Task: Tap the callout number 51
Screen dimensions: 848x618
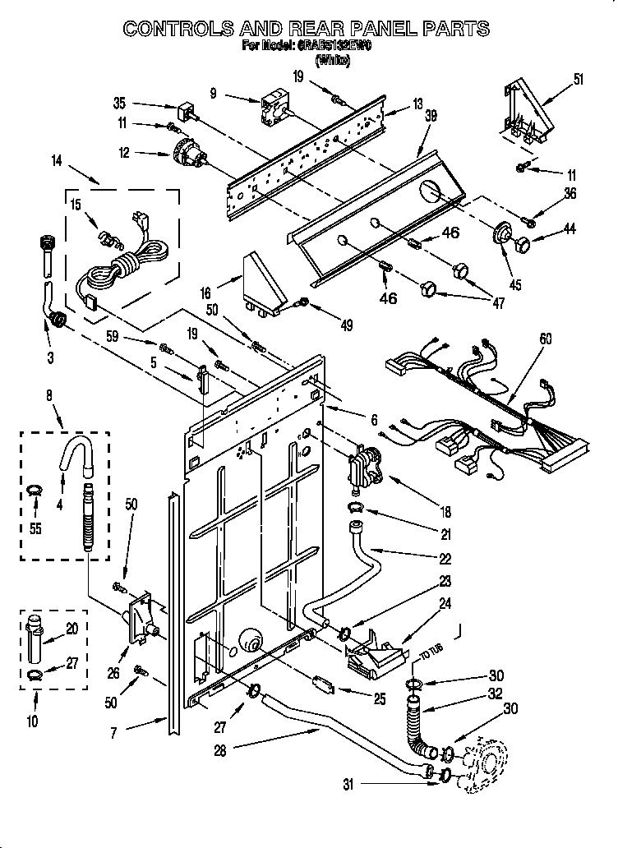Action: tap(579, 80)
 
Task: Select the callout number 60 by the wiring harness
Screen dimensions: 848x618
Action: tap(546, 339)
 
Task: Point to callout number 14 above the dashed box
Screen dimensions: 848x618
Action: tap(56, 162)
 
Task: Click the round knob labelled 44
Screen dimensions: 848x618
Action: tap(520, 242)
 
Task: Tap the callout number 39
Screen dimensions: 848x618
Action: tap(430, 117)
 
